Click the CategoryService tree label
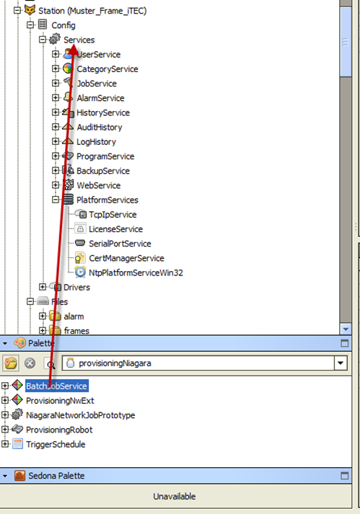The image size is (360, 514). coord(107,69)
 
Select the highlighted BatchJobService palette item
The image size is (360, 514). coord(56,386)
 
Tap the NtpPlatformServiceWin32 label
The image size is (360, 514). coord(136,272)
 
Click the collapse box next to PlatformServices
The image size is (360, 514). coord(56,199)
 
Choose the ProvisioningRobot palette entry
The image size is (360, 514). coord(59,430)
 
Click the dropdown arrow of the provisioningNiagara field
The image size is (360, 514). coord(341,363)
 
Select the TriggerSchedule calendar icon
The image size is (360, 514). coord(17,444)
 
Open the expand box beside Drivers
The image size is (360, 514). coord(43,287)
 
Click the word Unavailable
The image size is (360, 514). coord(175,496)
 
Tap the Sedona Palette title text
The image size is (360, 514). coord(56,476)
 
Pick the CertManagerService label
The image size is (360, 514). coord(126,258)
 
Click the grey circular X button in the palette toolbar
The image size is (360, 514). coord(30,363)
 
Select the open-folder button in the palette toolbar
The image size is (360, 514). coord(11,363)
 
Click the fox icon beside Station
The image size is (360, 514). coord(30,10)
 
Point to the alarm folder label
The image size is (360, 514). coord(74,316)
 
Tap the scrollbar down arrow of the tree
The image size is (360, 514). coord(346,329)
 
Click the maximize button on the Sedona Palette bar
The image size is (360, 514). coord(344,476)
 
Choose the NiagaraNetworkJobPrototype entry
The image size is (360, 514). coord(80,415)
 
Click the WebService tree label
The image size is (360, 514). coord(98,185)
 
